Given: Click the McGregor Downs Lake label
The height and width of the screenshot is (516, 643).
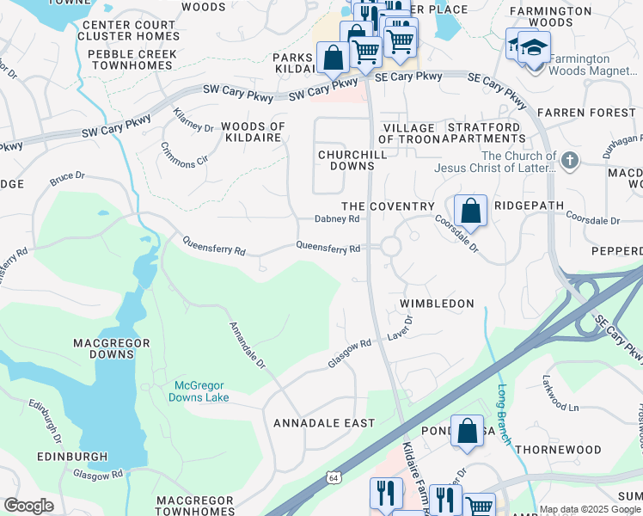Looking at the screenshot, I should (x=201, y=391).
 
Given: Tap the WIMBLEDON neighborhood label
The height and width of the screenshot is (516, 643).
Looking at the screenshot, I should (x=438, y=304).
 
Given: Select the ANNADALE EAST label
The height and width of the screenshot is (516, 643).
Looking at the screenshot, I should (x=324, y=423).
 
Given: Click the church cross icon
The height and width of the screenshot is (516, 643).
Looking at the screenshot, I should (x=569, y=160).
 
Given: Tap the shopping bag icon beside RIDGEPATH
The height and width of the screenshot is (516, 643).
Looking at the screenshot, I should (x=471, y=210).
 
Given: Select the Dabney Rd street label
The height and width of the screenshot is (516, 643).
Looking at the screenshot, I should (x=336, y=219).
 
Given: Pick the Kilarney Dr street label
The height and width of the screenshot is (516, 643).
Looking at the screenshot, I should (x=193, y=121).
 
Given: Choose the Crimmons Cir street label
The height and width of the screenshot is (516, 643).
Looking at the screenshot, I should (x=184, y=153).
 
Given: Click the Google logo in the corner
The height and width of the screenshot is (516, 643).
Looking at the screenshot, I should (x=28, y=506).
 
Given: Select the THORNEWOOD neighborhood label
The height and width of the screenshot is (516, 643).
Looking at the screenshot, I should (x=559, y=450).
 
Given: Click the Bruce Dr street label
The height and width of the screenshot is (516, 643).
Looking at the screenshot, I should (x=67, y=179).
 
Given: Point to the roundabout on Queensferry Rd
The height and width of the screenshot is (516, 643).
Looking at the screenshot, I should (x=390, y=247).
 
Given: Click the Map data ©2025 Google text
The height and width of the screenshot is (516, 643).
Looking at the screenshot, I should (x=590, y=510).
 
